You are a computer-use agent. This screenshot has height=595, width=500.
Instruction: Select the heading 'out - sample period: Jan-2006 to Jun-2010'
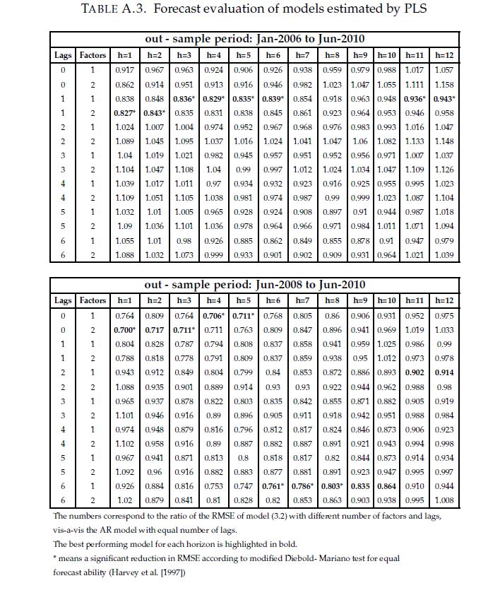254,39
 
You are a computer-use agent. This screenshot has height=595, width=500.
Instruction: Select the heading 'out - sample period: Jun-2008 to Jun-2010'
254,284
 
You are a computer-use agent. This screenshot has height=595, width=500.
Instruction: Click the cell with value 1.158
444,84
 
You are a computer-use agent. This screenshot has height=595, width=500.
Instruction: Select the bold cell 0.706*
213,316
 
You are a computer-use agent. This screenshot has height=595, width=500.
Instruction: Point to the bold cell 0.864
386,486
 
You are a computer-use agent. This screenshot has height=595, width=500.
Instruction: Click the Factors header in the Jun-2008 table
93,300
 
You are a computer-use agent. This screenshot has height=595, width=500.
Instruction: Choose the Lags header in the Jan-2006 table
63,55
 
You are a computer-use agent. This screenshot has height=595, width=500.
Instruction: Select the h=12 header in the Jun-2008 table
444,300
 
